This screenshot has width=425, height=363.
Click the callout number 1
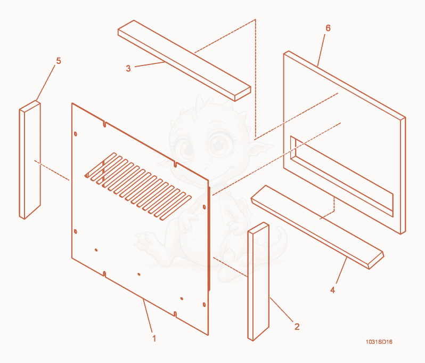[154, 338]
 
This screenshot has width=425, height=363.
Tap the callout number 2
[297, 327]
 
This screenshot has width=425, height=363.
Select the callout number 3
[128, 68]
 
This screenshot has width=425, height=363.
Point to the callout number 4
[332, 290]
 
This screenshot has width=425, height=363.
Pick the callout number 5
[59, 61]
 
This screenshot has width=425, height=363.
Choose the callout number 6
[328, 28]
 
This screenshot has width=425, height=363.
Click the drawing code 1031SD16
[379, 342]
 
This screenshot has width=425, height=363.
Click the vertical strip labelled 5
[30, 160]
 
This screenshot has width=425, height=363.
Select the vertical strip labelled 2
[258, 281]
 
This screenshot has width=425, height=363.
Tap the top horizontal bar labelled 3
[184, 61]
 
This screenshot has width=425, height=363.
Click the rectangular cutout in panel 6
[342, 176]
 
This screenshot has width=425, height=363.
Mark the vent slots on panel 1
[138, 187]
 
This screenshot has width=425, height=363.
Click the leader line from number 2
[282, 310]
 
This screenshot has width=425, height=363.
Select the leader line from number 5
[46, 83]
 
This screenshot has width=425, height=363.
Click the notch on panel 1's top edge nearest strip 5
[104, 124]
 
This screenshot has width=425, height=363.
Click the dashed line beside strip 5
[52, 170]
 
